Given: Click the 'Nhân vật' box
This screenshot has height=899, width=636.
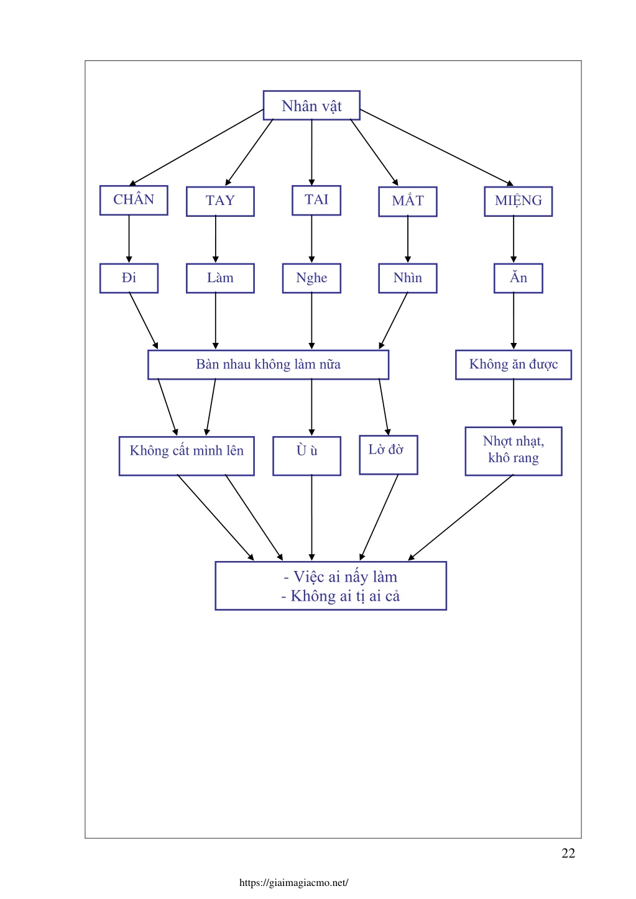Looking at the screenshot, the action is pyautogui.click(x=311, y=105).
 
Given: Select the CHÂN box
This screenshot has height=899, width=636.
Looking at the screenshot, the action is pyautogui.click(x=134, y=200).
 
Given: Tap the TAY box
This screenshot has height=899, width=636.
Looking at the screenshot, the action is pyautogui.click(x=220, y=201).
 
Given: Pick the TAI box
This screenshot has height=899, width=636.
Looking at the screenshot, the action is pyautogui.click(x=316, y=200).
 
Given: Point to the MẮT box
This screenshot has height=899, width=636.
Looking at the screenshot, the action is pyautogui.click(x=408, y=201).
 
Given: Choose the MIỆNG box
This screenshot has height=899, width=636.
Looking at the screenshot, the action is pyautogui.click(x=518, y=201).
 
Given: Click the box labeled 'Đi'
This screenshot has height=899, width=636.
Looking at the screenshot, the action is pyautogui.click(x=129, y=278).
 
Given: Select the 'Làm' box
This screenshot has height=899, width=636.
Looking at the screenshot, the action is pyautogui.click(x=220, y=278).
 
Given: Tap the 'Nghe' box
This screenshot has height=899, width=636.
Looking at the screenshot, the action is pyautogui.click(x=311, y=278).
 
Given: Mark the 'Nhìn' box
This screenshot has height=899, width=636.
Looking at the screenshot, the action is pyautogui.click(x=408, y=278).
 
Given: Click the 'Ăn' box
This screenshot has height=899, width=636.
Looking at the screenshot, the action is pyautogui.click(x=518, y=278).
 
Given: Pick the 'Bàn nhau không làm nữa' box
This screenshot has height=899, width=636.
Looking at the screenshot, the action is pyautogui.click(x=268, y=365).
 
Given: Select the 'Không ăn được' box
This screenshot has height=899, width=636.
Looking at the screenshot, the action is pyautogui.click(x=513, y=365).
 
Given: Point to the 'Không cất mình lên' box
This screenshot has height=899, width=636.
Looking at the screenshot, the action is pyautogui.click(x=187, y=456).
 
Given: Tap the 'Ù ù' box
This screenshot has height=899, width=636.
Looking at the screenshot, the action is pyautogui.click(x=306, y=456).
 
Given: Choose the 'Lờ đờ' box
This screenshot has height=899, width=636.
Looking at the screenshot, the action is pyautogui.click(x=389, y=455).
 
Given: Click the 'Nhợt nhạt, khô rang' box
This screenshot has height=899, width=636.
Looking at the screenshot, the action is pyautogui.click(x=513, y=451).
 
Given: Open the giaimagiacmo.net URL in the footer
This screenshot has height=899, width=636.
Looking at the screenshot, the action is pyautogui.click(x=293, y=883).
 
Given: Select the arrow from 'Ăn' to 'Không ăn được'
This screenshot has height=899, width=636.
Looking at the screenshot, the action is pyautogui.click(x=513, y=321).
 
